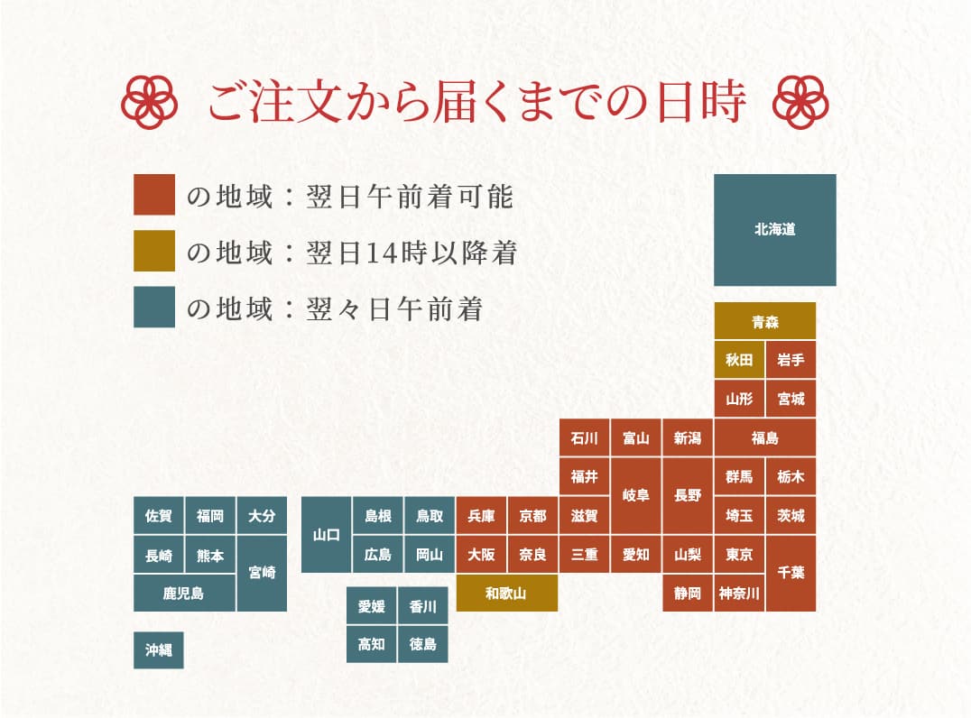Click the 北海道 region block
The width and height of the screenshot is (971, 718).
tap(774, 230)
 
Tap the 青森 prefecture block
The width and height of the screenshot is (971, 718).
tap(765, 321)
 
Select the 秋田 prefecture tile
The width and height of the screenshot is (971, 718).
tap(739, 360)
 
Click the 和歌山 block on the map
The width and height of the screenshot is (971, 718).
tap(506, 593)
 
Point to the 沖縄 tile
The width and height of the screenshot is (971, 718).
tap(159, 649)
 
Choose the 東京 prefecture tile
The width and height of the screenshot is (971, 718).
tap(739, 554)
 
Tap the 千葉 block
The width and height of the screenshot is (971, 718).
tap(791, 573)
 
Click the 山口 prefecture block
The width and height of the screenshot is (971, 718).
tap(326, 534)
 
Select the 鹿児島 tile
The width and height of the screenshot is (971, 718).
tap(184, 593)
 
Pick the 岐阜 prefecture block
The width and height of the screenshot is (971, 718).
tap(635, 495)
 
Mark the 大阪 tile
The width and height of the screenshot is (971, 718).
tap(481, 554)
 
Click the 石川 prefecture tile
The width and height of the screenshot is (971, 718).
tap(584, 438)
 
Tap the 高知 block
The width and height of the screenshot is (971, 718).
tap(372, 644)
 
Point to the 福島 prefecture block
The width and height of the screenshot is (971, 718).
tap(764, 438)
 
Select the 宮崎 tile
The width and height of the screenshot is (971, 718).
tap(262, 573)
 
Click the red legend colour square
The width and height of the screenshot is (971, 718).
tap(153, 195)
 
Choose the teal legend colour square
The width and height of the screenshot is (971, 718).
tap(153, 308)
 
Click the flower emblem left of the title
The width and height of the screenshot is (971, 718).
tap(146, 102)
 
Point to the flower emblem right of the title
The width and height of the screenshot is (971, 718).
tap(801, 102)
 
